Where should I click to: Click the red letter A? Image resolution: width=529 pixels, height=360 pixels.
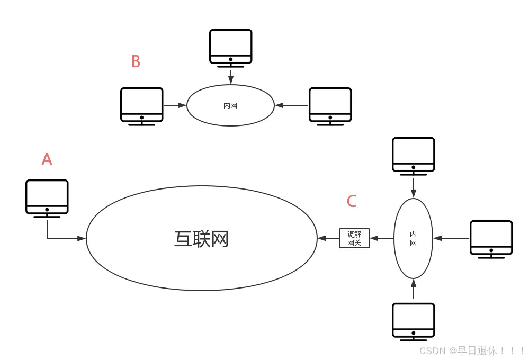[47, 159]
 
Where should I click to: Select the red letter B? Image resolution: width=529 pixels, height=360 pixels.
[136, 62]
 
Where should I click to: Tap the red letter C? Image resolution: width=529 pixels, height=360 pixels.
[352, 201]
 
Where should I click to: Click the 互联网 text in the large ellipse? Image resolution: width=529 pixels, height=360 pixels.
[201, 239]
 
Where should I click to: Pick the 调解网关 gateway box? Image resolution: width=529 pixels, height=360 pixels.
[354, 238]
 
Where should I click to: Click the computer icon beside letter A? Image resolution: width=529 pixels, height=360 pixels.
[47, 198]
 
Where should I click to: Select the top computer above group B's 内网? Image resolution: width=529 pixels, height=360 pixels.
[230, 48]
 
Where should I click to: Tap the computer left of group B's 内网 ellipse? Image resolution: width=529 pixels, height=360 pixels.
[141, 106]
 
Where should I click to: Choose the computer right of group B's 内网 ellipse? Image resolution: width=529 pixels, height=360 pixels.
[330, 106]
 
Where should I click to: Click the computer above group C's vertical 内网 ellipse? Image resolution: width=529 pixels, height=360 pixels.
[413, 156]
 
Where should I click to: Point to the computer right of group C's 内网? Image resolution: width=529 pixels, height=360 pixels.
[491, 239]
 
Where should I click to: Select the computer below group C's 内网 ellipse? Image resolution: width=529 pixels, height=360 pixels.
[413, 321]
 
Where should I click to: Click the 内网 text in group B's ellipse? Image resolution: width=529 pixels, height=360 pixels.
[230, 106]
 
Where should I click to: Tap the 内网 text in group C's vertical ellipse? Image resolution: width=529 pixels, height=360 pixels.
[413, 238]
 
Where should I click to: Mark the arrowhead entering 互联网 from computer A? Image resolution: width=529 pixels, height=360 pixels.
[82, 239]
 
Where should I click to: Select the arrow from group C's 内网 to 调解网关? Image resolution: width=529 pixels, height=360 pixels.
[382, 238]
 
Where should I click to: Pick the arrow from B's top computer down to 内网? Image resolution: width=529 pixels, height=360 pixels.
[230, 76]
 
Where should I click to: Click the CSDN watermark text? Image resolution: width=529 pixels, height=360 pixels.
[472, 351]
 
